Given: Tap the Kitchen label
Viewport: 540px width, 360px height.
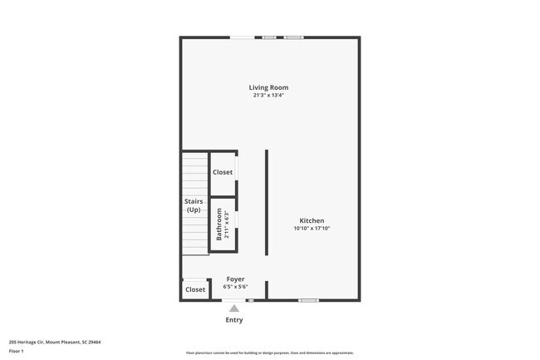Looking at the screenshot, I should (x=312, y=221).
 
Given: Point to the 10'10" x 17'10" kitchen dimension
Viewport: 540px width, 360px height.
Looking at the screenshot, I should (x=312, y=229).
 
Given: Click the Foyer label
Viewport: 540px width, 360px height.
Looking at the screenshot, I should (x=235, y=279).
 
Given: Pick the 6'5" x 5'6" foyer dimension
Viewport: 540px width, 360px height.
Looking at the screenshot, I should (x=235, y=287).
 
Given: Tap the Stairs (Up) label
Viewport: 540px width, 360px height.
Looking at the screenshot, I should (x=194, y=205).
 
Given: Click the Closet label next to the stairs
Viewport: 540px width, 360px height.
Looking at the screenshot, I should (x=223, y=172).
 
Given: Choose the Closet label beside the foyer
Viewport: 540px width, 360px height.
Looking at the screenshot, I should (x=195, y=290).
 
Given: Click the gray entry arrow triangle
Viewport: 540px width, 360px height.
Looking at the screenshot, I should (x=234, y=308).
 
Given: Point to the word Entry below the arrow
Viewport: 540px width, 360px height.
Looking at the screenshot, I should (x=234, y=320).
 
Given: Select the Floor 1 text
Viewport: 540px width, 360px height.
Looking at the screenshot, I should (x=17, y=351).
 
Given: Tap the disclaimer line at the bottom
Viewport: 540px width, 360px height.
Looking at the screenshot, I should (x=270, y=353).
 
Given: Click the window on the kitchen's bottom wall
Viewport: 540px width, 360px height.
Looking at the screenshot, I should (x=308, y=300).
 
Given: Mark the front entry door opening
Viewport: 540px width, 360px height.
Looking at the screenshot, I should (x=234, y=300).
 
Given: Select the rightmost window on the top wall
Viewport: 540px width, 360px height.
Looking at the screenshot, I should (x=294, y=37).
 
